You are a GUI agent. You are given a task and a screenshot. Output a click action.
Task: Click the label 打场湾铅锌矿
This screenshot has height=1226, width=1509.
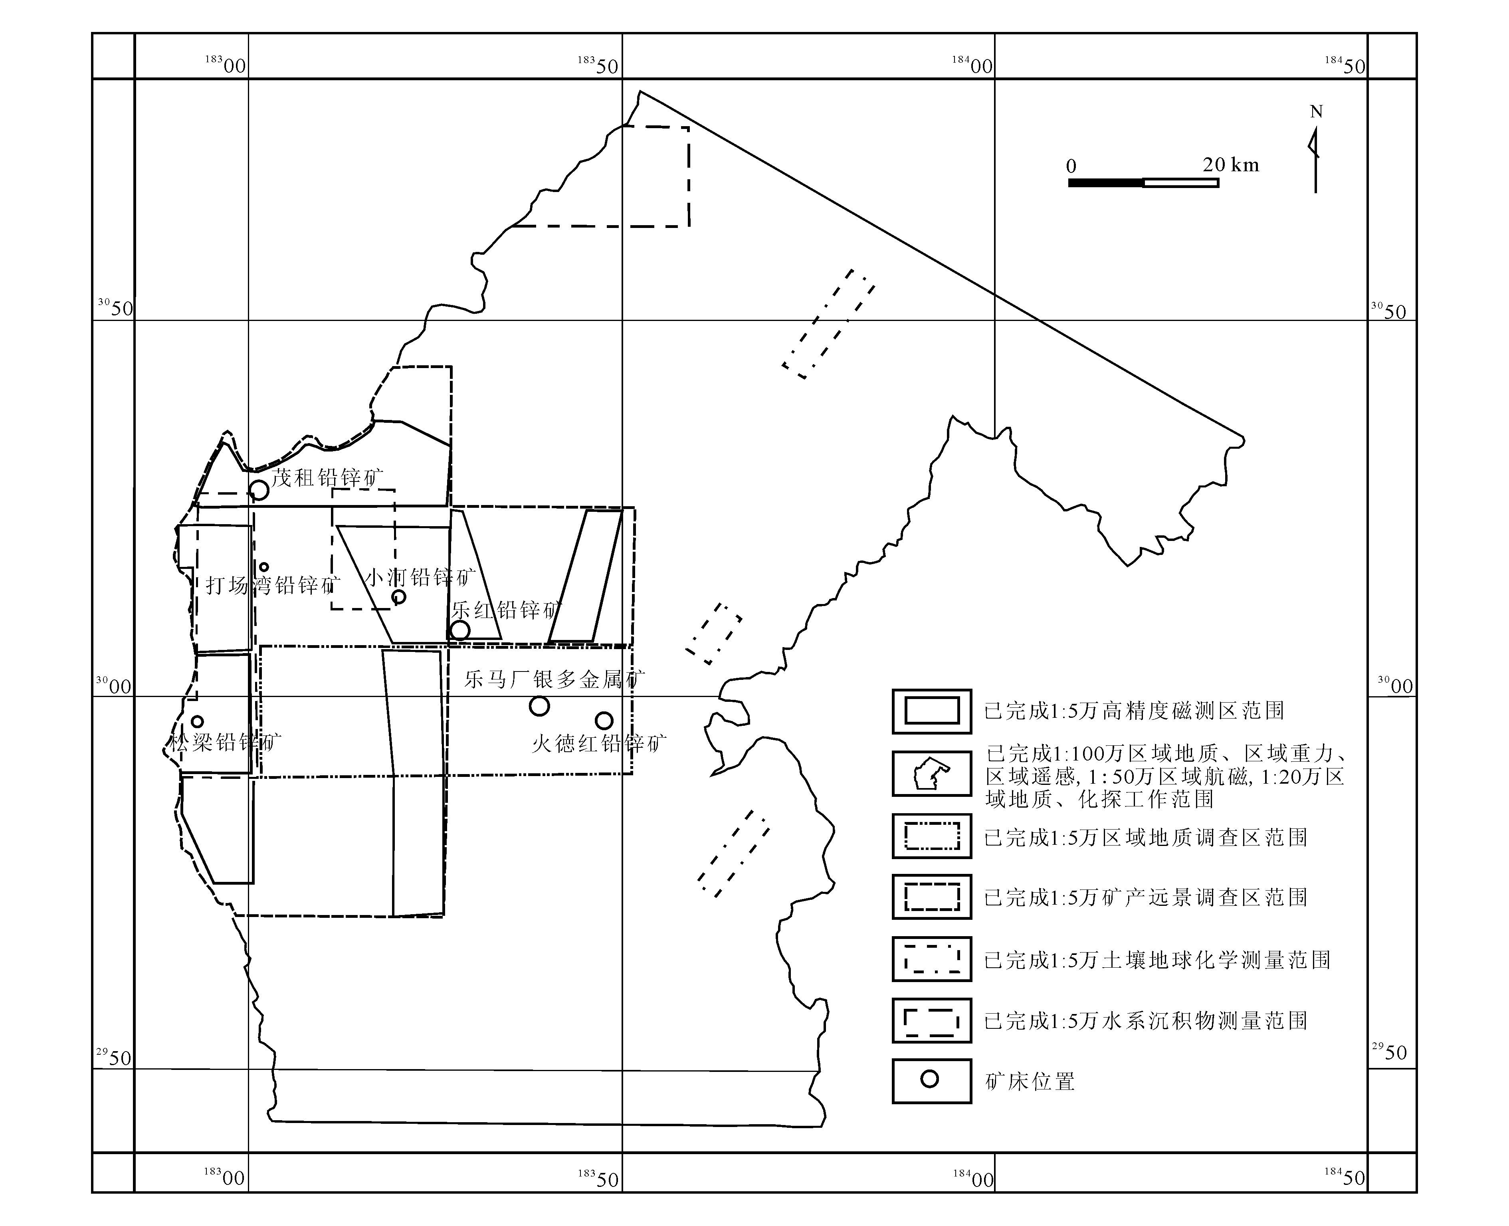click(273, 585)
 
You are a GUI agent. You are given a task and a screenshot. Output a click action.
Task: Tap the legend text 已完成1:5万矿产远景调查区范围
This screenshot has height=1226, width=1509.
click(1145, 897)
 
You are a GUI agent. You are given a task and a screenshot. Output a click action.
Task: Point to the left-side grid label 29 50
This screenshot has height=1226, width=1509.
click(115, 1057)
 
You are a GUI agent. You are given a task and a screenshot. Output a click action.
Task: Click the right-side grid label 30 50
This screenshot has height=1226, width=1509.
click(1389, 310)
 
